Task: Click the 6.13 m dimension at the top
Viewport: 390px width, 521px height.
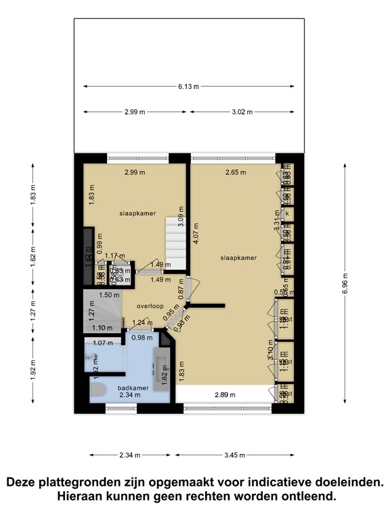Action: point(189,86)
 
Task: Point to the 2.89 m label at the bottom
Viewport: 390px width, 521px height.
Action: point(225,394)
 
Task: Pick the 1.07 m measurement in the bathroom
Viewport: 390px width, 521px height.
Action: point(102,343)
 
